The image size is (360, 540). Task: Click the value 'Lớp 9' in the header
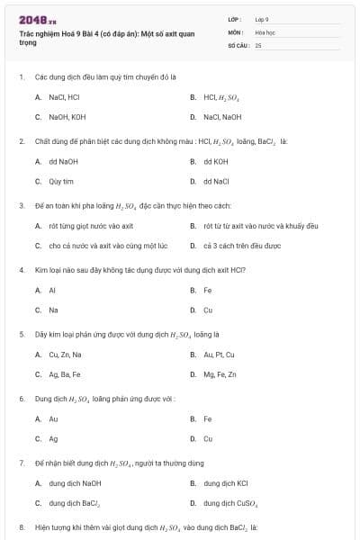click(262, 19)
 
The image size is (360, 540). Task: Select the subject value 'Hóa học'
click(264, 31)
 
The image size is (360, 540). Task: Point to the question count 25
click(258, 44)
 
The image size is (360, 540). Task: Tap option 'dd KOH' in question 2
click(216, 161)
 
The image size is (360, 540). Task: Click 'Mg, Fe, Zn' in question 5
click(220, 374)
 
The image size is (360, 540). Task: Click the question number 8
click(21, 526)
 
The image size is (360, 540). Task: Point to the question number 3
click(21, 205)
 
